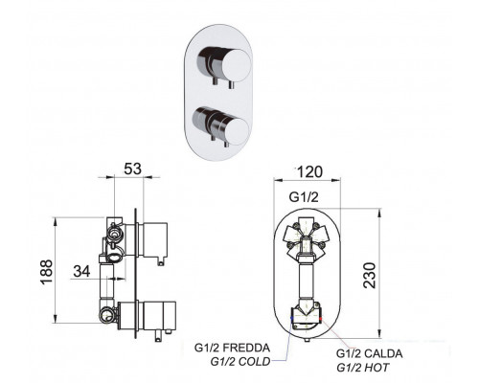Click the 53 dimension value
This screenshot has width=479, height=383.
click(x=132, y=169)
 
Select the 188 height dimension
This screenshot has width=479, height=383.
click(x=47, y=272)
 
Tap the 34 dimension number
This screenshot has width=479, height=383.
click(x=81, y=271)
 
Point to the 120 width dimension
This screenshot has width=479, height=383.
click(x=309, y=172)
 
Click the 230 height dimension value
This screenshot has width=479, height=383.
click(x=370, y=275)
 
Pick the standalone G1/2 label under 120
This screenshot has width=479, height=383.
click(x=304, y=197)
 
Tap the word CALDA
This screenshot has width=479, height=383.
click(x=383, y=353)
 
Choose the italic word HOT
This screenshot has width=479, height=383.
click(x=376, y=368)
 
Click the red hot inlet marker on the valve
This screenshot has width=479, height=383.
click(x=321, y=318)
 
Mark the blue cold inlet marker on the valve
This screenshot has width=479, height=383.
click(x=291, y=318)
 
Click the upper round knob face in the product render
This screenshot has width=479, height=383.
click(x=236, y=65)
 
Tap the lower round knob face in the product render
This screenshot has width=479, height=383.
click(x=236, y=130)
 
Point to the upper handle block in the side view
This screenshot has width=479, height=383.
click(x=155, y=240)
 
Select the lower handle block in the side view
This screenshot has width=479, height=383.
click(x=159, y=316)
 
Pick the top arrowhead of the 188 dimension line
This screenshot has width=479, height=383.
click(x=56, y=220)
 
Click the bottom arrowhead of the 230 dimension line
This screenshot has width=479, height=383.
click(x=379, y=334)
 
